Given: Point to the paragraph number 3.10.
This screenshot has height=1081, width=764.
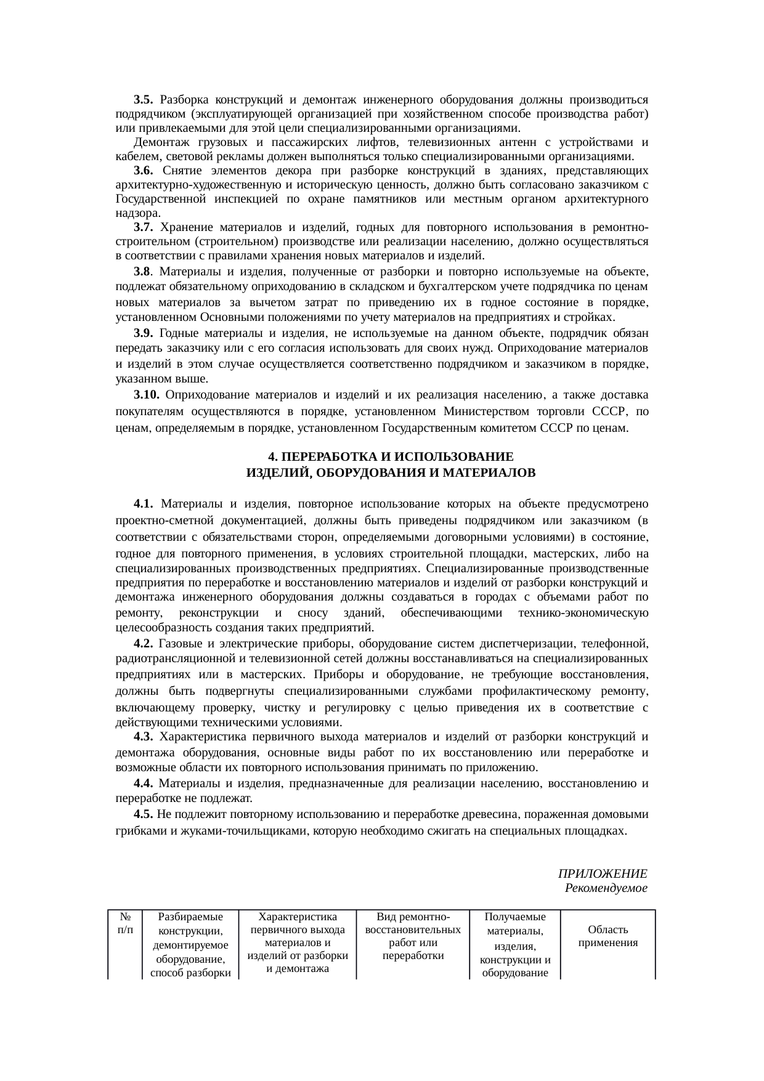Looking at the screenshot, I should pyautogui.click(x=147, y=394).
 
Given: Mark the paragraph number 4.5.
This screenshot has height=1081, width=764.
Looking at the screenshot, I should pyautogui.click(x=143, y=814).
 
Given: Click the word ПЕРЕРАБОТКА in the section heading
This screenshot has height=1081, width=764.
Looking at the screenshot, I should pyautogui.click(x=330, y=457).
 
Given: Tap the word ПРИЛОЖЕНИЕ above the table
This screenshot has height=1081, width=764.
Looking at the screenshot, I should pyautogui.click(x=602, y=874).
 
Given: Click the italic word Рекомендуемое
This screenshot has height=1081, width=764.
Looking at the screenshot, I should pyautogui.click(x=606, y=888).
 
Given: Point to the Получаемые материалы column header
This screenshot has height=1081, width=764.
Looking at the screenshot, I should pyautogui.click(x=514, y=924).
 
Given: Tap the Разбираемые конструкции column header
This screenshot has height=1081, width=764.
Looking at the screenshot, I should pyautogui.click(x=190, y=924).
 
